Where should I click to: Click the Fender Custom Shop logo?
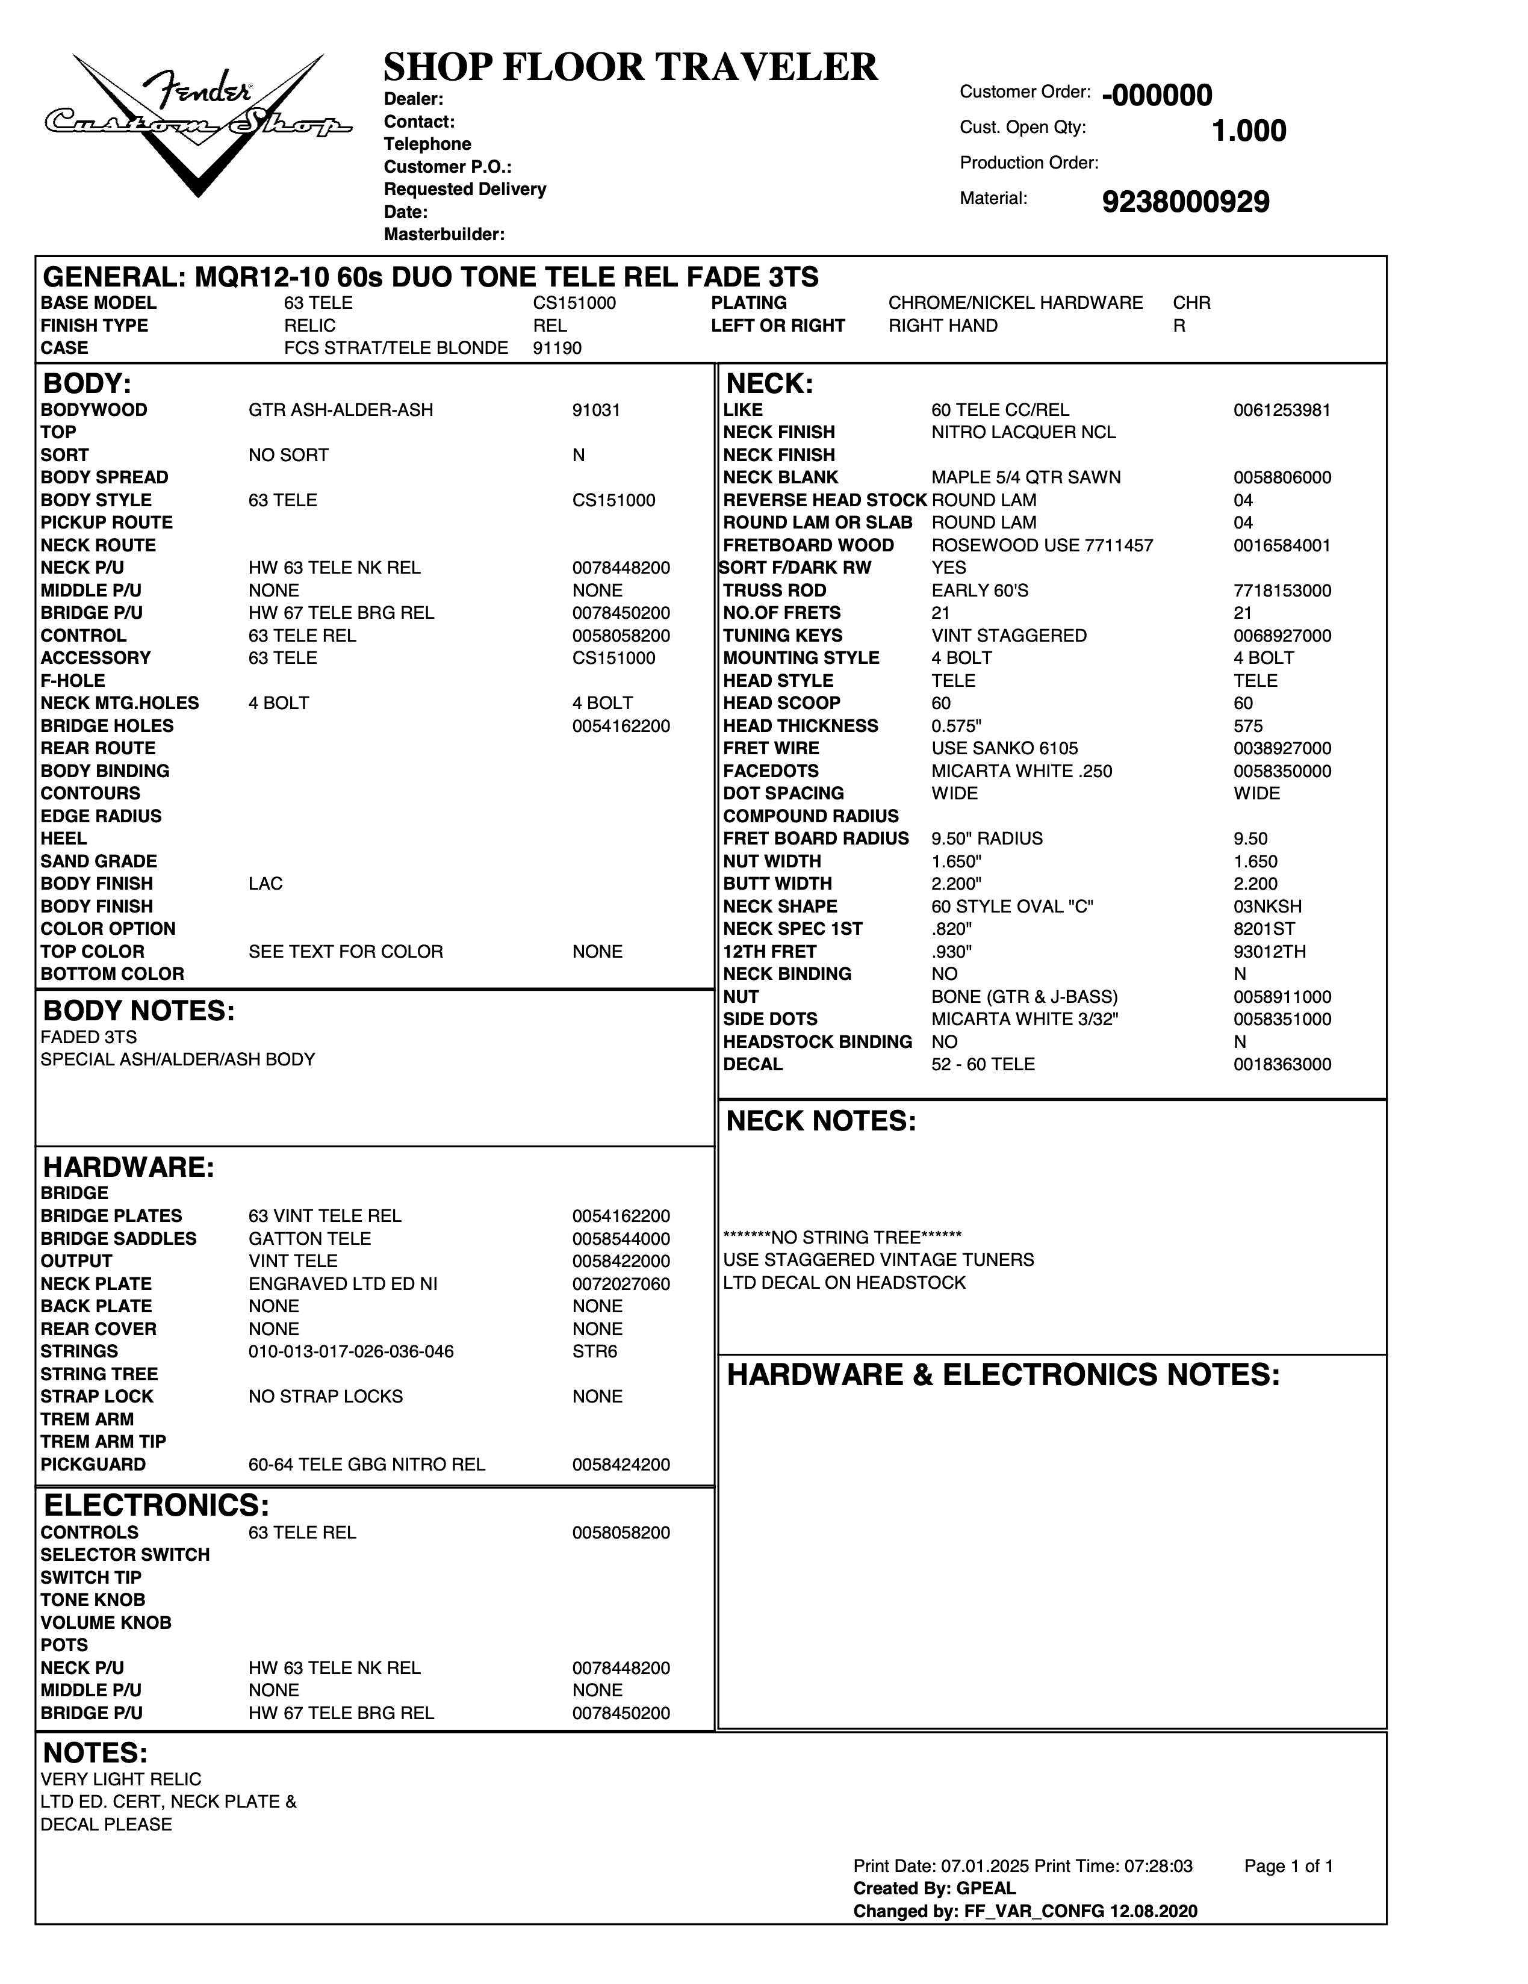pyautogui.click(x=198, y=123)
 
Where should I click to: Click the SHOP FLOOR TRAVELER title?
pyautogui.click(x=630, y=67)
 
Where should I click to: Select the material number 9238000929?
pyautogui.click(x=1185, y=202)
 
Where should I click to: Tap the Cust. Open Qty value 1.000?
pyautogui.click(x=1248, y=131)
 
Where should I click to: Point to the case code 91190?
pyautogui.click(x=557, y=348)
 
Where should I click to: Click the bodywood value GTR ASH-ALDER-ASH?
pyautogui.click(x=341, y=410)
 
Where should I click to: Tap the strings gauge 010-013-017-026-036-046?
pyautogui.click(x=350, y=1352)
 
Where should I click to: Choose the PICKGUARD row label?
pyautogui.click(x=93, y=1465)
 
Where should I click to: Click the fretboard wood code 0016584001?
pyautogui.click(x=1282, y=546)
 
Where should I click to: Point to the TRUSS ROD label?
pyautogui.click(x=774, y=591)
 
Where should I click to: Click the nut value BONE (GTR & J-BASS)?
pyautogui.click(x=1024, y=997)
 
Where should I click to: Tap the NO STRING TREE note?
pyautogui.click(x=842, y=1237)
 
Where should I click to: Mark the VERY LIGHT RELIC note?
pyautogui.click(x=121, y=1779)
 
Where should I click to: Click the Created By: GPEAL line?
pyautogui.click(x=934, y=1889)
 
